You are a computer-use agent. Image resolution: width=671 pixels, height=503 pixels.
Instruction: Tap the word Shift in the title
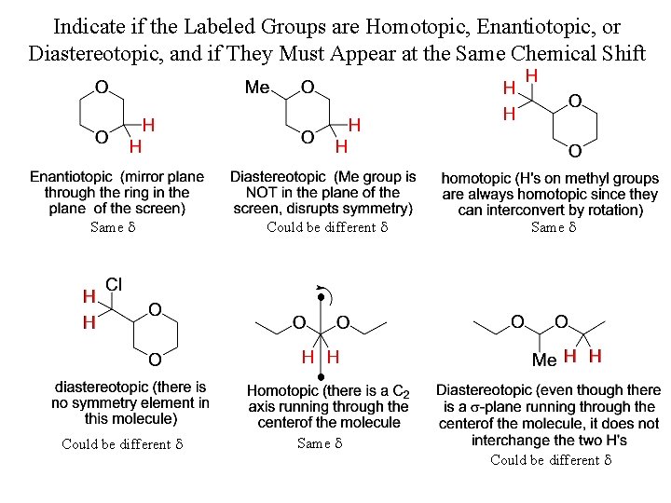coord(618,52)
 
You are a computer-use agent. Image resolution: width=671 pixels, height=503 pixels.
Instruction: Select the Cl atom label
coord(115,283)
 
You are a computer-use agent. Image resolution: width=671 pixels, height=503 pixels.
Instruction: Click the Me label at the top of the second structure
coord(257,88)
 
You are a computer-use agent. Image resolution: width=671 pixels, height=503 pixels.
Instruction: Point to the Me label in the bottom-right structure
coord(543,360)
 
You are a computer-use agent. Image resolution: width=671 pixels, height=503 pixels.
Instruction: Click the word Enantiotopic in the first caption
coord(72,176)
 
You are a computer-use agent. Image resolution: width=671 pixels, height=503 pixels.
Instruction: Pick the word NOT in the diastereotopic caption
coord(250,193)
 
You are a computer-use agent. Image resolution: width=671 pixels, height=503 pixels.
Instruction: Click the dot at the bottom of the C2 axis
coord(321,376)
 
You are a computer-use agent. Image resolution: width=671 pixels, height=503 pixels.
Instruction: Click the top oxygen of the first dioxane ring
coord(101,88)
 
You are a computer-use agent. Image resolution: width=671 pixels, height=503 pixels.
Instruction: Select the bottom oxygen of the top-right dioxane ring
coord(575,151)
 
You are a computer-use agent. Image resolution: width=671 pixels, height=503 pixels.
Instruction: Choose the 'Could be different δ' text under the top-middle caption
coord(326,227)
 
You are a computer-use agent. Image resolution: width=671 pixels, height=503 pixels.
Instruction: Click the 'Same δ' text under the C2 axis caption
coord(320,444)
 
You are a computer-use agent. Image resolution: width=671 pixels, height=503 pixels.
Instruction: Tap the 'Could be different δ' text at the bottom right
coord(550,460)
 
